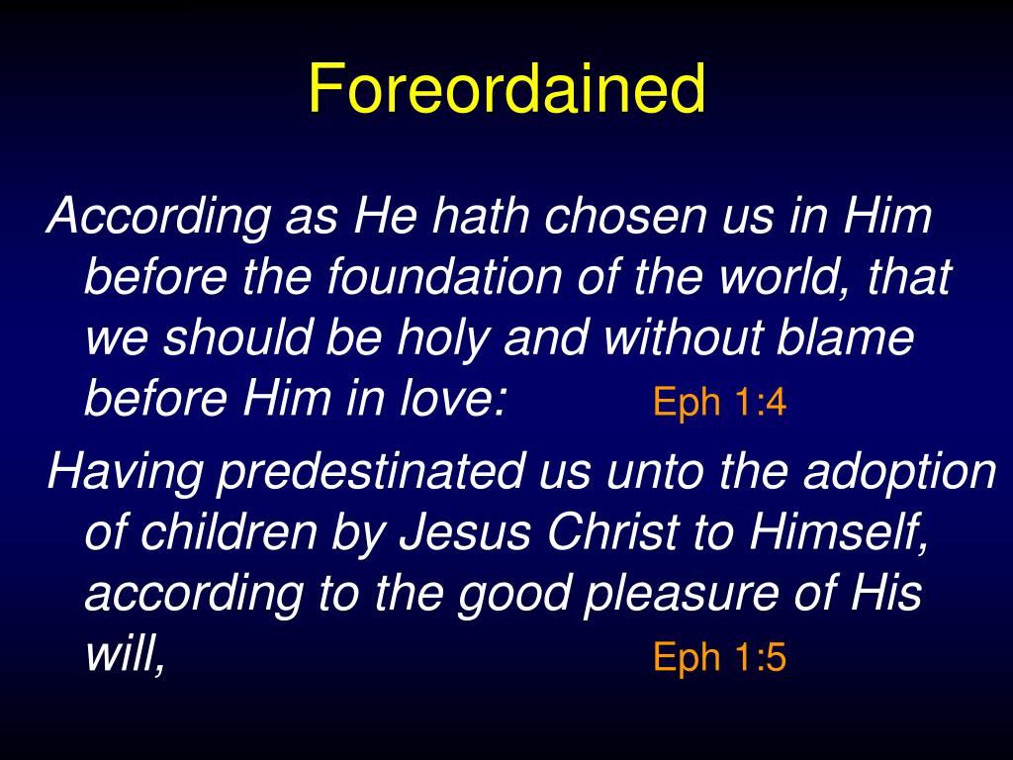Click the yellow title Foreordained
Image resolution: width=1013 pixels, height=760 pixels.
point(506,89)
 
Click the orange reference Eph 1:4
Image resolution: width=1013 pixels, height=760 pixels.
point(719,403)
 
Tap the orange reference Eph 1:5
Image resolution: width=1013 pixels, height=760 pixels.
point(719,658)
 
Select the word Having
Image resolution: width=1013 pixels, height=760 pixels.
point(127,473)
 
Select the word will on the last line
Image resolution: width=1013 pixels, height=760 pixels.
point(121,655)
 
